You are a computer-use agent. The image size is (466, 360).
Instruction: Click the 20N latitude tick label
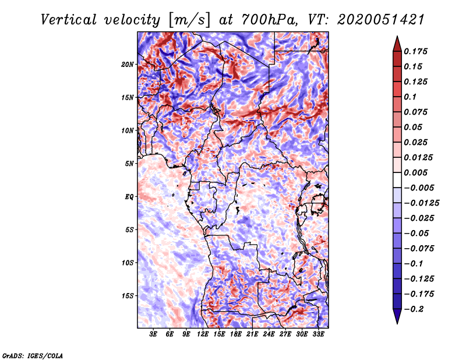[128, 64]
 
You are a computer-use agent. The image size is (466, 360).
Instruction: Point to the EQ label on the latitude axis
[129, 196]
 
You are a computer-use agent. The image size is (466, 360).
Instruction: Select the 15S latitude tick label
[128, 295]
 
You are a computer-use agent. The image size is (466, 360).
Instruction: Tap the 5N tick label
[129, 163]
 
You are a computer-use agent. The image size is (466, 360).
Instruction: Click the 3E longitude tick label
[153, 334]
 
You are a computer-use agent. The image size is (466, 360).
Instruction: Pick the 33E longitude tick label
[319, 334]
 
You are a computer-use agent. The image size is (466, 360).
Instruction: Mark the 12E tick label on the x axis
[203, 334]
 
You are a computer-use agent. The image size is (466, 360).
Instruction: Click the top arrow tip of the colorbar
[397, 37]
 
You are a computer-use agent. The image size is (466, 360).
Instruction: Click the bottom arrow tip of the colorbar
[397, 322]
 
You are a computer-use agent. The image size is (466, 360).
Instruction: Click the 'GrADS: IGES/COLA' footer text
[33, 355]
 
